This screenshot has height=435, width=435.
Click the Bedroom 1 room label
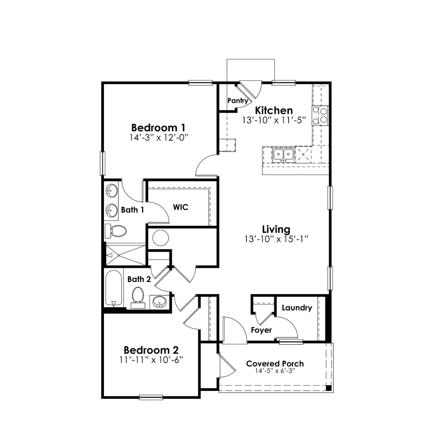tap(158, 128)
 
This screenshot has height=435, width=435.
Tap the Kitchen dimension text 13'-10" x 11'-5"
tap(274, 120)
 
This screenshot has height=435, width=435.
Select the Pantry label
tap(238, 101)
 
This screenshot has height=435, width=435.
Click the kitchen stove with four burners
tap(320, 116)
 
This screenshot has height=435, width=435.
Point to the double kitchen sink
tap(283, 155)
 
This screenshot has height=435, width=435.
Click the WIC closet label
tap(181, 207)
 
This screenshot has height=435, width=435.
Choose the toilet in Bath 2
tap(138, 297)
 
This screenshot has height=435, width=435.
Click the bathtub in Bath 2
tap(114, 288)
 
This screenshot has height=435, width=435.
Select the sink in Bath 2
tap(159, 302)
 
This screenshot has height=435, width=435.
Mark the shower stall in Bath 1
tap(126, 255)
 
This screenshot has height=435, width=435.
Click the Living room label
tap(276, 229)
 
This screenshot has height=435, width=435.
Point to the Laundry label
tap(297, 308)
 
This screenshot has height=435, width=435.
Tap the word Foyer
tap(261, 330)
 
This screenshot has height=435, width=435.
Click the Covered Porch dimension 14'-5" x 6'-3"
tap(275, 371)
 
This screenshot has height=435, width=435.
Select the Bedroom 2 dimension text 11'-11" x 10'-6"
tap(151, 360)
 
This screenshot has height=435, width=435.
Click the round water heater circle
tap(160, 238)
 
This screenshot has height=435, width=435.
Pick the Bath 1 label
tap(132, 210)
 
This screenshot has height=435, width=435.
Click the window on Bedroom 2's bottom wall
tap(151, 398)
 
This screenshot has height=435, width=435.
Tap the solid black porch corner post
tap(328, 388)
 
